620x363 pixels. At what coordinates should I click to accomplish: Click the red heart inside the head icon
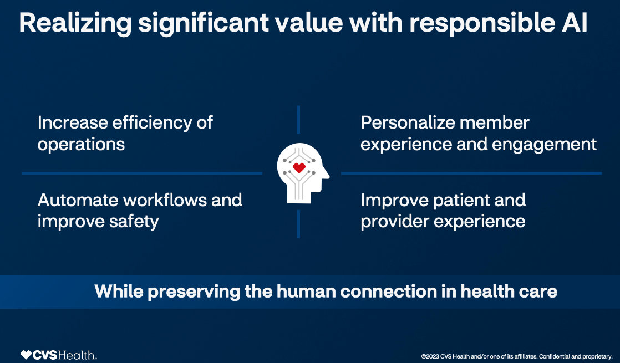[299, 167]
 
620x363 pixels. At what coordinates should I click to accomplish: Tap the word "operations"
[81, 144]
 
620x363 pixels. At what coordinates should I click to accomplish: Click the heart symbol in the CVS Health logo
[26, 355]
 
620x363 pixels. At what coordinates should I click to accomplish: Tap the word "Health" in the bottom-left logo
[80, 355]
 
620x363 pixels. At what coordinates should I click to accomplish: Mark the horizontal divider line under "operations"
[142, 173]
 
